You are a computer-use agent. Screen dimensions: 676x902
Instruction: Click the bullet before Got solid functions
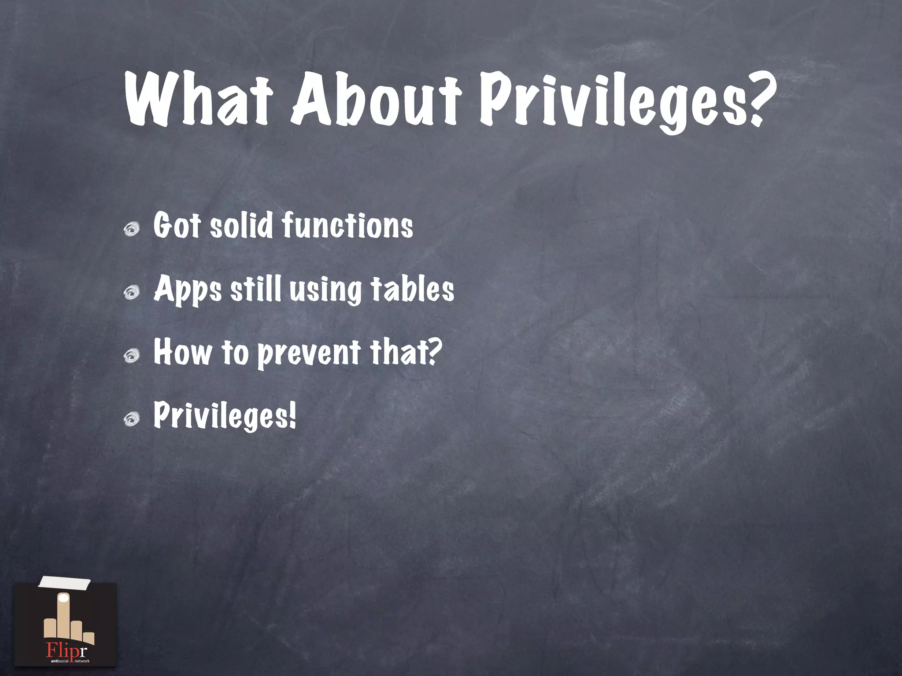click(x=132, y=229)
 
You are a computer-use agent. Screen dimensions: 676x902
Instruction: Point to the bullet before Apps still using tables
click(x=132, y=292)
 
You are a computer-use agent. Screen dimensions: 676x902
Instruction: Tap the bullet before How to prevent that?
click(x=132, y=356)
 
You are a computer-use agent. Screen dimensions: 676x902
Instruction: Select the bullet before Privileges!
click(x=132, y=419)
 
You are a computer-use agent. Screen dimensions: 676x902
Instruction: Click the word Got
click(x=177, y=225)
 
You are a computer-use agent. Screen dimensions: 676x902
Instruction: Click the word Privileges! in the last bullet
click(x=225, y=416)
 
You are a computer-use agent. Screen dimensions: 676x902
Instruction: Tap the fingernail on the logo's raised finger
click(x=64, y=598)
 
